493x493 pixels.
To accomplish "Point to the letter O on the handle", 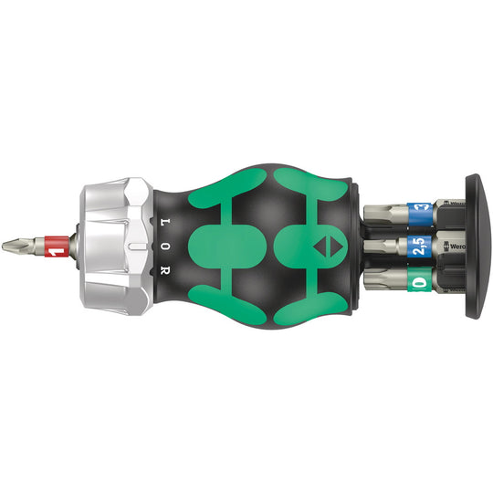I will point(165,246).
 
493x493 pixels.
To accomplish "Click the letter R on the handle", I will point(165,272).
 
